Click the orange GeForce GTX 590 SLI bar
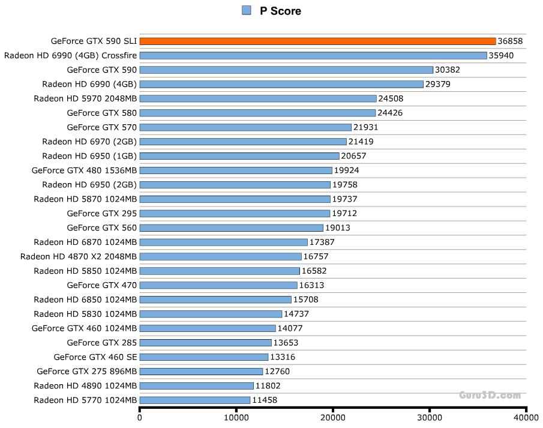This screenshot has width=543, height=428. click(317, 41)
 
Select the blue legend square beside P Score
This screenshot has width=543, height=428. click(246, 10)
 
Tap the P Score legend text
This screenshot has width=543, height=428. click(280, 11)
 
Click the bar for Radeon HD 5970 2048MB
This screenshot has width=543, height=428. click(258, 98)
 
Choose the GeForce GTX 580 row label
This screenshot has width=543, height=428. click(102, 113)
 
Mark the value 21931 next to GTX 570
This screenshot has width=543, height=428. click(366, 127)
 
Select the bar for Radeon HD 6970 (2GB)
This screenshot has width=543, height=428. click(243, 142)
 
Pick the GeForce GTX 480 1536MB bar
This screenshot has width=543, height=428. click(236, 170)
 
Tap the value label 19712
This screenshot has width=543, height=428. click(345, 213)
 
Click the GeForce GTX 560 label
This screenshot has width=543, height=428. click(102, 228)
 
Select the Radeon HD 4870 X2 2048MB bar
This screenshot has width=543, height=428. click(220, 256)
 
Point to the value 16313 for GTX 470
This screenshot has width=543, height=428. click(312, 285)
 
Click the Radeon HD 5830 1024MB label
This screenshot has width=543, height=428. click(85, 314)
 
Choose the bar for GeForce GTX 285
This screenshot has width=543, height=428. click(206, 343)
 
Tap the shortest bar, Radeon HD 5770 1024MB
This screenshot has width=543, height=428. click(195, 400)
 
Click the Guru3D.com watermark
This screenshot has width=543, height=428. click(490, 395)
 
